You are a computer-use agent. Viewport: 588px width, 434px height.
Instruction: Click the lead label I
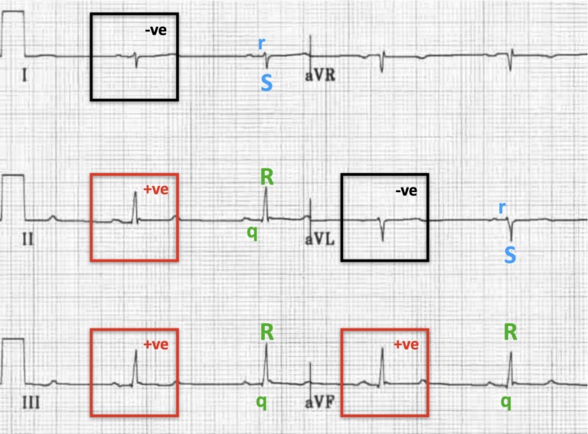tap(27, 77)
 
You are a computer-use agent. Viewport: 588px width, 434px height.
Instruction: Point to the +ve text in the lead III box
tap(155, 344)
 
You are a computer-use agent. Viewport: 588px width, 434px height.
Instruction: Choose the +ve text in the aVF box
tap(407, 344)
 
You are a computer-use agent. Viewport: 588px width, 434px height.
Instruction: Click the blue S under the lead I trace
tap(266, 83)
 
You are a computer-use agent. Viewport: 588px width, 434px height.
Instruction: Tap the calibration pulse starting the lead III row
tap(14, 361)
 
